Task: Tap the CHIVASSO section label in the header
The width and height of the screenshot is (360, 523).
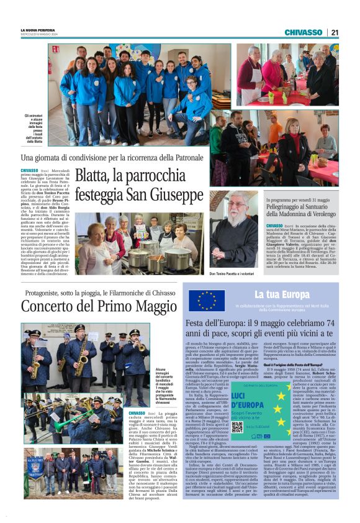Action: pos(303,32)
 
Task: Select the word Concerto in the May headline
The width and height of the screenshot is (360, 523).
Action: pos(51,306)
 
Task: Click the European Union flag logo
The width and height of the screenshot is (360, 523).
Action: pos(207,299)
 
